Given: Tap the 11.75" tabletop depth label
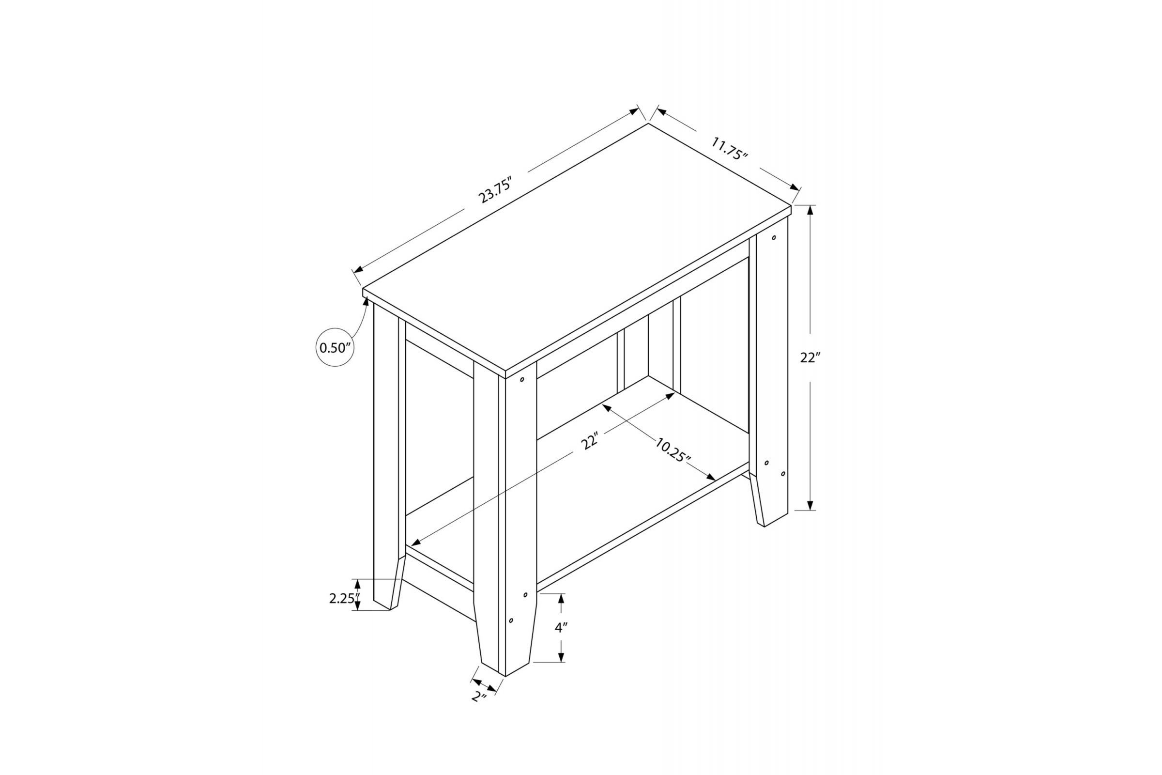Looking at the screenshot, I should pyautogui.click(x=729, y=148).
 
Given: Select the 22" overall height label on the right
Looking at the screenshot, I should pyautogui.click(x=810, y=357).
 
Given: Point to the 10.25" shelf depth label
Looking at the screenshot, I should pyautogui.click(x=673, y=449).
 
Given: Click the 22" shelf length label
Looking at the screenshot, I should pyautogui.click(x=590, y=440).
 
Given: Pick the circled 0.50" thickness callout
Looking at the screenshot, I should pyautogui.click(x=335, y=347).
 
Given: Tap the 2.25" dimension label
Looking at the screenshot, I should pyautogui.click(x=343, y=599).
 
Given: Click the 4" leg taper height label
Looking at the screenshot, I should pyautogui.click(x=561, y=628).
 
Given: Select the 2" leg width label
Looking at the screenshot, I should pyautogui.click(x=478, y=697).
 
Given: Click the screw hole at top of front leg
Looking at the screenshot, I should pyautogui.click(x=522, y=380).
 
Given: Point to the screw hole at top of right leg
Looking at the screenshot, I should pyautogui.click(x=774, y=238).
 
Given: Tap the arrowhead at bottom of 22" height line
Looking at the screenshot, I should pyautogui.click(x=810, y=505).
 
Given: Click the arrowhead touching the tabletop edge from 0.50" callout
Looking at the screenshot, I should pyautogui.click(x=366, y=300).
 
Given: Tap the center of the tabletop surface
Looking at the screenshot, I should pyautogui.click(x=577, y=247).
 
